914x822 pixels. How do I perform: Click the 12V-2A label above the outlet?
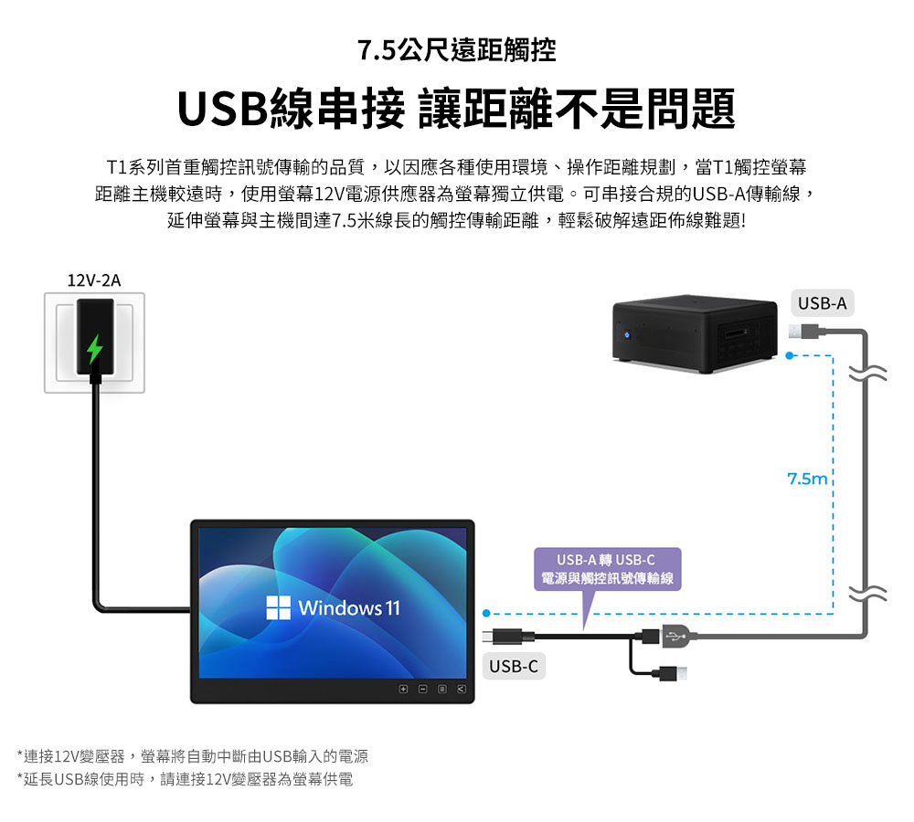coord(94,280)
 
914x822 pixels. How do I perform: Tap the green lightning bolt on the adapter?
coord(94,349)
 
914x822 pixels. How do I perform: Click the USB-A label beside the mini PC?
coord(822,303)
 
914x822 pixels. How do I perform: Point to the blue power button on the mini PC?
coord(627,335)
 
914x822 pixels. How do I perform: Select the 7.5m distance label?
coord(807,479)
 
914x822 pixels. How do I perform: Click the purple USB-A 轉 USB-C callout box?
coord(607,569)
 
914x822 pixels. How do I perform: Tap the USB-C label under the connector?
coord(514,666)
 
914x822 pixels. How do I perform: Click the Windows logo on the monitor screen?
coord(278,607)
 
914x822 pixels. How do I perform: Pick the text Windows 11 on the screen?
coord(349,608)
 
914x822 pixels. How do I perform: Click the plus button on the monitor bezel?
coord(403,690)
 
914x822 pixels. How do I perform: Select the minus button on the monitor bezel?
coord(422,690)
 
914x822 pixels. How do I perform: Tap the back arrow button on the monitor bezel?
coord(461,690)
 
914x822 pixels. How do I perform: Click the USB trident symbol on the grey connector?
coord(675,637)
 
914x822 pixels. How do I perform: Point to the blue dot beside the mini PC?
coord(790,355)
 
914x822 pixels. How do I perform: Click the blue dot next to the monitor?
coord(487,614)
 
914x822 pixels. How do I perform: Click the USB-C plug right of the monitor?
coord(508,637)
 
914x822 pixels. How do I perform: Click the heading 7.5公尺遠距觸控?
coord(457,50)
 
